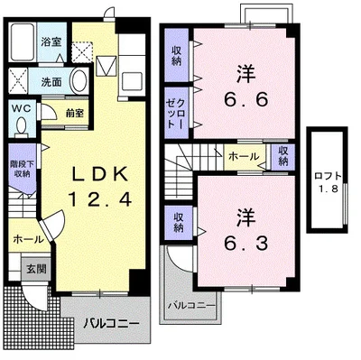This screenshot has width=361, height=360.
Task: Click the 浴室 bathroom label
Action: [x=51, y=42]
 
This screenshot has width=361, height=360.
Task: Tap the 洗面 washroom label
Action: [x=51, y=82]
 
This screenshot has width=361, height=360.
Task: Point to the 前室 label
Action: [x=74, y=114]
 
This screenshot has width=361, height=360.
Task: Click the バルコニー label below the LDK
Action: [x=112, y=323]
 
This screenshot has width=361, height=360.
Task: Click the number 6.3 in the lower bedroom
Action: [x=243, y=241]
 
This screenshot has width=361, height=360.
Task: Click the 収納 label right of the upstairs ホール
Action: [x=283, y=156]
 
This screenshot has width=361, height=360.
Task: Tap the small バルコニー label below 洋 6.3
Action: [x=191, y=306]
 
